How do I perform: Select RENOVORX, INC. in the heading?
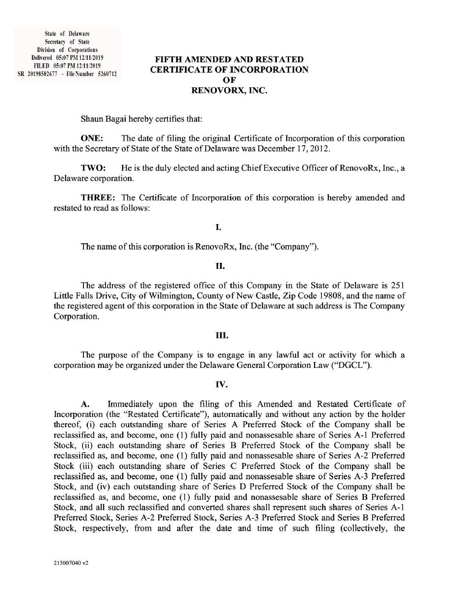[x=229, y=90]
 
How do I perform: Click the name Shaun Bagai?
[x=101, y=118]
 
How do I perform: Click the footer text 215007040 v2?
[x=71, y=563]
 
